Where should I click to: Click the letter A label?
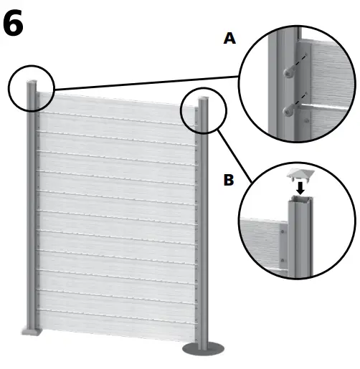[x=229, y=39]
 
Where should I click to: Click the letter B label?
[x=228, y=180]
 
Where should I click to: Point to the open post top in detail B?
[x=299, y=203]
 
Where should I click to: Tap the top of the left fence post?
[x=32, y=85]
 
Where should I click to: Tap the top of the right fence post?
[x=204, y=100]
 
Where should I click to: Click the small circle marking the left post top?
[x=32, y=89]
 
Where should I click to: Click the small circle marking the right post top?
[x=204, y=112]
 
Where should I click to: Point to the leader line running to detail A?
[x=143, y=83]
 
